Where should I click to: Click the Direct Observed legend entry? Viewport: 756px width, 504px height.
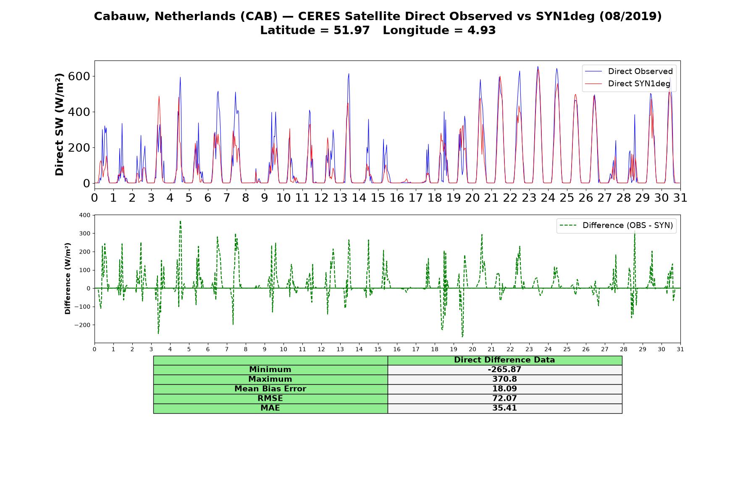pyautogui.click(x=629, y=71)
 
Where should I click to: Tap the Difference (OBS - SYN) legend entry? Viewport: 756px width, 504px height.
pyautogui.click(x=617, y=226)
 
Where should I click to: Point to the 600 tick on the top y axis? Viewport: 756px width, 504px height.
pyautogui.click(x=81, y=76)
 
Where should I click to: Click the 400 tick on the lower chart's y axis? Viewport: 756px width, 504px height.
pyautogui.click(x=84, y=215)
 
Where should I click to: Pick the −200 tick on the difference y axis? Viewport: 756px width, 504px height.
pyautogui.click(x=82, y=325)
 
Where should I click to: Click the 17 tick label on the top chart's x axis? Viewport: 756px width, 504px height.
pyautogui.click(x=416, y=197)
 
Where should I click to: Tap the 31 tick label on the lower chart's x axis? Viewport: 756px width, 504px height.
pyautogui.click(x=680, y=349)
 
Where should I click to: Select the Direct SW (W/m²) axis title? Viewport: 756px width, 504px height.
pyautogui.click(x=59, y=124)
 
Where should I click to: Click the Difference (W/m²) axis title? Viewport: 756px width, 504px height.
pyautogui.click(x=68, y=278)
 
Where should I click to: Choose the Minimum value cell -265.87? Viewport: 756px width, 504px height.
pyautogui.click(x=504, y=370)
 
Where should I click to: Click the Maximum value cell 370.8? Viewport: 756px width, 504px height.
pyautogui.click(x=504, y=379)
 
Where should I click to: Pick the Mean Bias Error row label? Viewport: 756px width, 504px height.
pyautogui.click(x=270, y=389)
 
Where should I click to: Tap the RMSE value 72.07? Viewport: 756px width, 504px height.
pyautogui.click(x=504, y=399)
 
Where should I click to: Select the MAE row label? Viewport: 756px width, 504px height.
pyautogui.click(x=270, y=408)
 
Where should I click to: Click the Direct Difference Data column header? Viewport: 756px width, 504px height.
pyautogui.click(x=504, y=360)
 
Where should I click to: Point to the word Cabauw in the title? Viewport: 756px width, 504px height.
pyautogui.click(x=122, y=16)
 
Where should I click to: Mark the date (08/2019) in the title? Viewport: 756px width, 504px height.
pyautogui.click(x=630, y=16)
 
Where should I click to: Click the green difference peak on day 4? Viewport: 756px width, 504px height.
pyautogui.click(x=180, y=221)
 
